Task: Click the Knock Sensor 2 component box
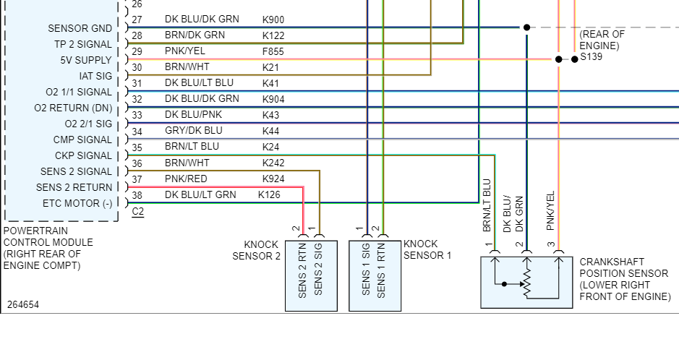311,275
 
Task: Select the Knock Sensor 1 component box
375,275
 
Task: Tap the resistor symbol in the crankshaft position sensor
527,284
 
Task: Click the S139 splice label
591,56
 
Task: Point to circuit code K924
273,179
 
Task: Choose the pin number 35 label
137,147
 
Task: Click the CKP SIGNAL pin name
84,155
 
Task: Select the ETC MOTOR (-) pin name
77,203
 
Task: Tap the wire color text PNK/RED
186,179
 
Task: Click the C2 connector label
137,212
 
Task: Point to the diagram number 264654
23,304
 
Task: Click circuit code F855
273,51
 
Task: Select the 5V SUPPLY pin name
86,60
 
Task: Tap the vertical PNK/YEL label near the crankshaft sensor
550,210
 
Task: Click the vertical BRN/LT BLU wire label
487,205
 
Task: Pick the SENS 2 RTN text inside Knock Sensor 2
302,270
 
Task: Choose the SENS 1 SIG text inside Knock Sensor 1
365,269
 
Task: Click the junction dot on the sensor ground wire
526,27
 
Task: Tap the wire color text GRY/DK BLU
194,131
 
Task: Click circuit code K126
269,194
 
